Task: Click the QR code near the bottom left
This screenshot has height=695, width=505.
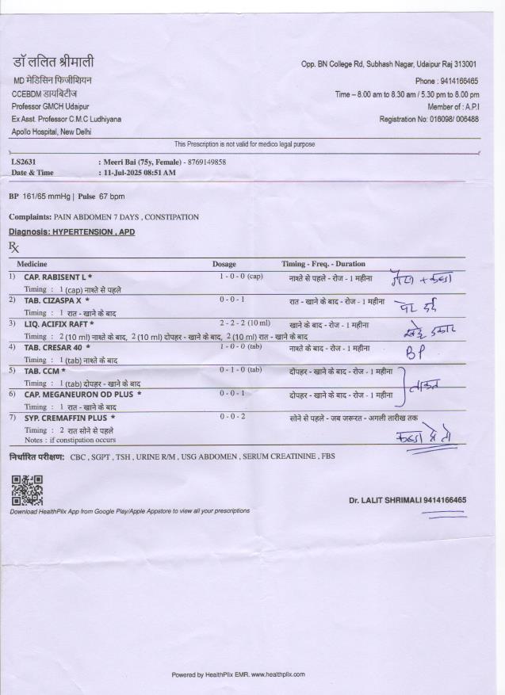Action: point(27,490)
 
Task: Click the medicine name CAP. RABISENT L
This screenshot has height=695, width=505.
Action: point(55,277)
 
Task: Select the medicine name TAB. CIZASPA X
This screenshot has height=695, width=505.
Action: point(54,300)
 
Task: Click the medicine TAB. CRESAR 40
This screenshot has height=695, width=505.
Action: point(54,347)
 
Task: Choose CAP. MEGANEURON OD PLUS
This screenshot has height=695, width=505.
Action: point(81,394)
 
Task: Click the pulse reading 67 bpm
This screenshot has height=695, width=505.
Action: point(112,196)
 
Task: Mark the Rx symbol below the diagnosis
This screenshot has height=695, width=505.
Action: point(13,246)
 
